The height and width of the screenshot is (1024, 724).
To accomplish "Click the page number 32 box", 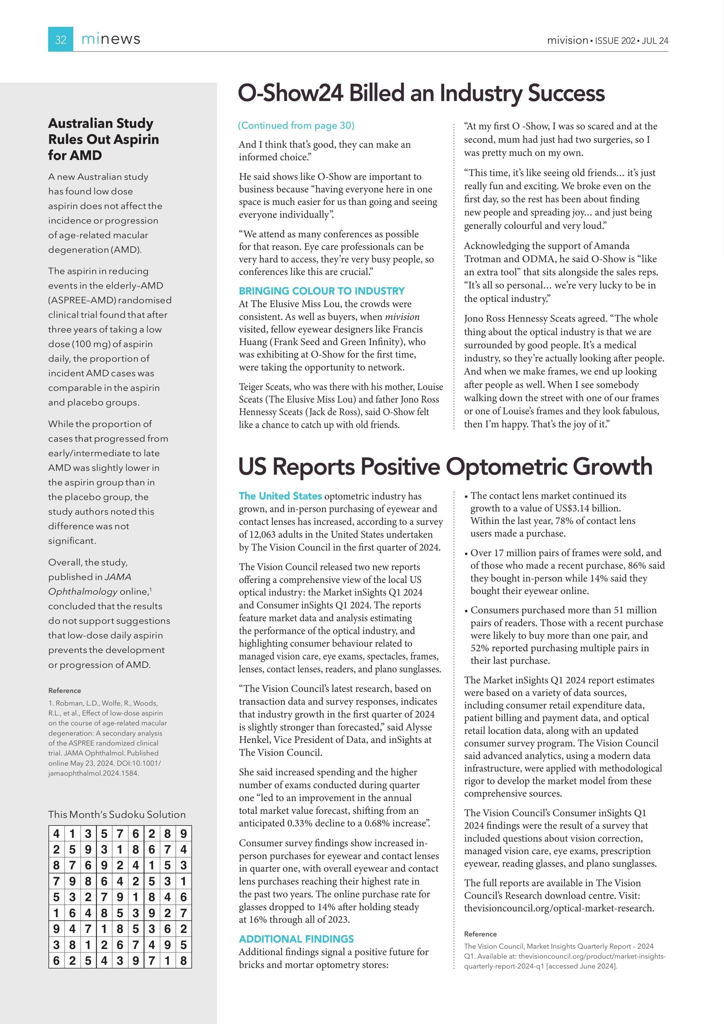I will click(61, 40).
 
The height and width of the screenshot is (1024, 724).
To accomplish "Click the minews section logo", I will click(111, 39).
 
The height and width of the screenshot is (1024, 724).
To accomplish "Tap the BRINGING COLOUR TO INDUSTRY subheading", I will click(322, 291).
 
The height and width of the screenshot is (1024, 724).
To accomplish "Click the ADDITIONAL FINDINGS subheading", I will click(296, 939).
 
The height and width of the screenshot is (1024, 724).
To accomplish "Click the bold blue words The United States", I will click(280, 496).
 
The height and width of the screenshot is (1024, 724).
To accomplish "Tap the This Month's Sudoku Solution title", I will click(117, 814).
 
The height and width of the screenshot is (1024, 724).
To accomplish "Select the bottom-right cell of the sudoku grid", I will click(183, 960).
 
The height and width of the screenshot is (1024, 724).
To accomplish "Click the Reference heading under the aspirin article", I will click(65, 691).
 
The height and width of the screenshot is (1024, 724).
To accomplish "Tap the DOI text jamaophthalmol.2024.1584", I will click(94, 773).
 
